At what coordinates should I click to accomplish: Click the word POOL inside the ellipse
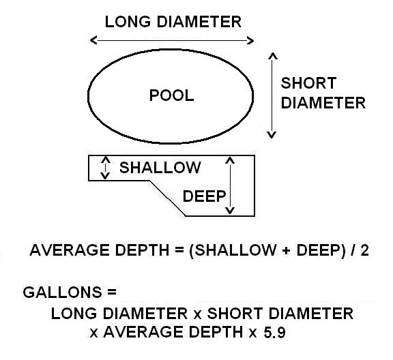coord(171,95)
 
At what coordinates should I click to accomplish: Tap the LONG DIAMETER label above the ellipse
coord(173,22)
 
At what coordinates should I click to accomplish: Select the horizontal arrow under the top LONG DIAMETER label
coord(173,41)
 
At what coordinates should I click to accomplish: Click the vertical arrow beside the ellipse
coord(272,95)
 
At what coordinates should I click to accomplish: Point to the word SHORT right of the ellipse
coord(308,84)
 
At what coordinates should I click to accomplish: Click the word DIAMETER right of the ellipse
coord(323,103)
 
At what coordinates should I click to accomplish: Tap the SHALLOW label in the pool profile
coord(160,168)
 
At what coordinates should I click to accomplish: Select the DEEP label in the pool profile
coord(204,196)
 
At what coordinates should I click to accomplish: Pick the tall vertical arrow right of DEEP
coord(231,185)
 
